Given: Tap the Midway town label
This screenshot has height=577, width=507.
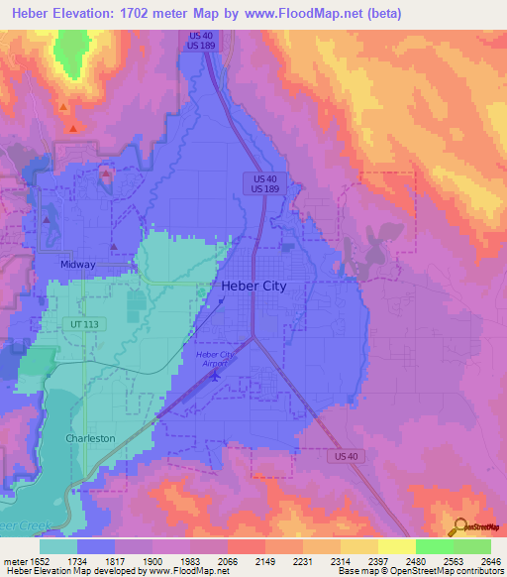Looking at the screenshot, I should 77,265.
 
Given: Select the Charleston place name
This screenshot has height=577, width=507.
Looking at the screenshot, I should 90,437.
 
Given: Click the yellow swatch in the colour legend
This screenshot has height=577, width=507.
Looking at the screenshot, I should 396,546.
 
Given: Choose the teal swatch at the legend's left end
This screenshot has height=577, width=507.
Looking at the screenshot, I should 58,546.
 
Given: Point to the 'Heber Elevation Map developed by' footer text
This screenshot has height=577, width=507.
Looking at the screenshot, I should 69,572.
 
